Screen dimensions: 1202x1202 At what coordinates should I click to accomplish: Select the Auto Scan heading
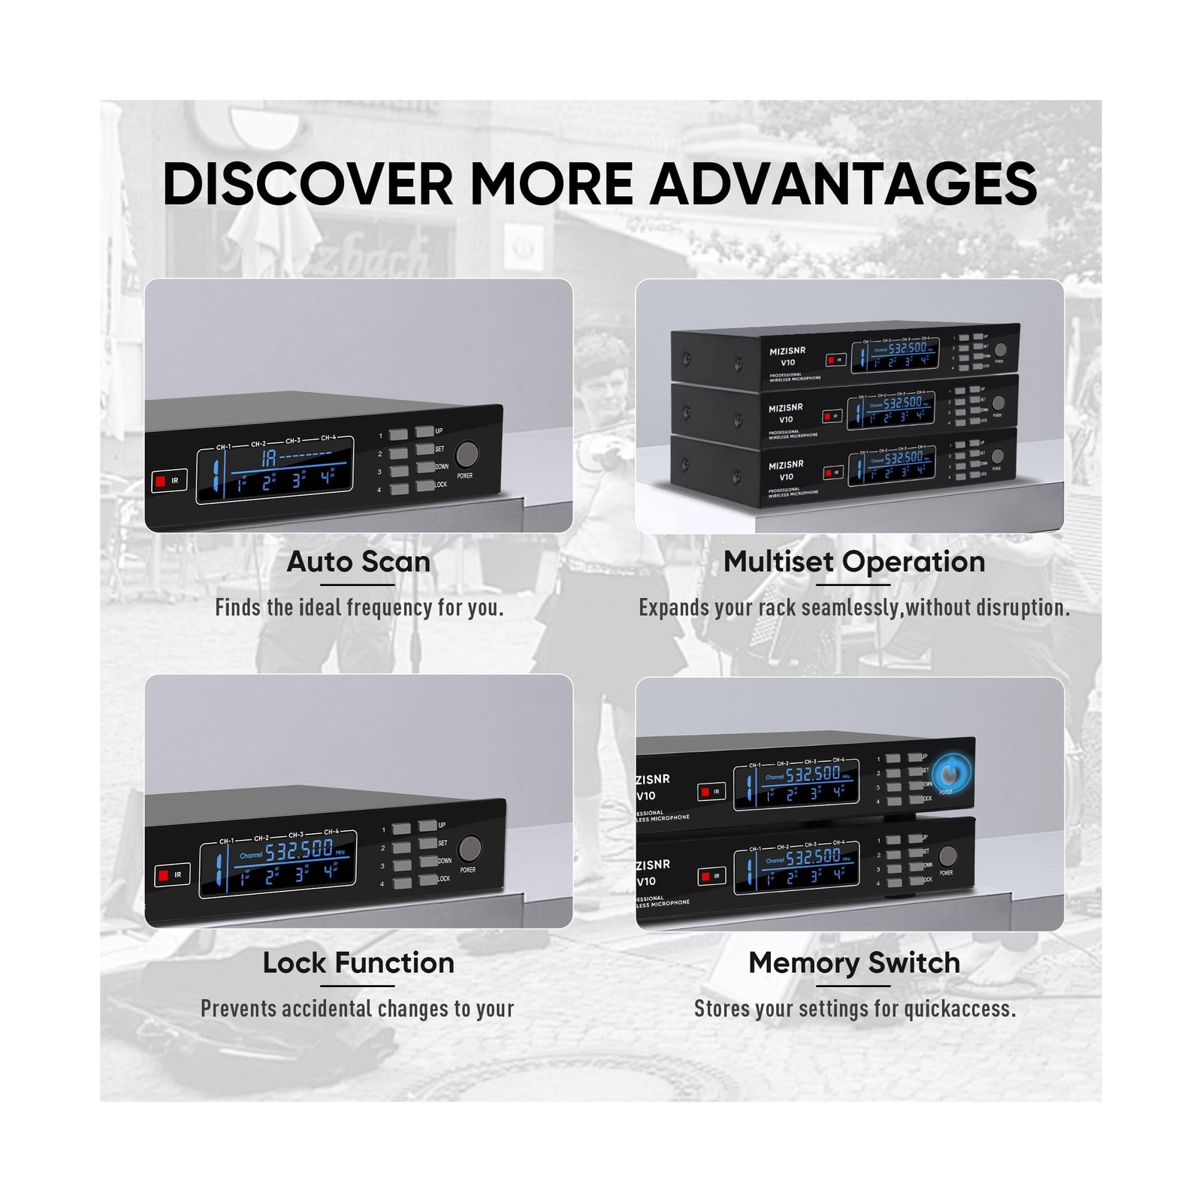click(x=358, y=562)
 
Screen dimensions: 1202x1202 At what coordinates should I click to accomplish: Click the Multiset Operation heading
click(x=853, y=562)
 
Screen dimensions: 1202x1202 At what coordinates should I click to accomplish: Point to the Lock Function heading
click(x=358, y=963)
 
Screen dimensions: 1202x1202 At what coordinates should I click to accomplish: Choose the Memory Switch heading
click(x=854, y=963)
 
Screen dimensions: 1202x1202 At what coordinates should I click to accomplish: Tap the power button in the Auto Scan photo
click(x=467, y=455)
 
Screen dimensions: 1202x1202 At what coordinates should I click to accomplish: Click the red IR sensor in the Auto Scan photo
click(x=160, y=481)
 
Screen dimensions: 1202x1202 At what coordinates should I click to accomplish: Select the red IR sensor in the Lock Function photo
click(x=163, y=874)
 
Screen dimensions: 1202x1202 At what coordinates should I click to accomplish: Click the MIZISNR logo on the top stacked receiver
click(x=787, y=351)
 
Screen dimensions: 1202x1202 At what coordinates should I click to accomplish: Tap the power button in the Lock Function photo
click(x=470, y=848)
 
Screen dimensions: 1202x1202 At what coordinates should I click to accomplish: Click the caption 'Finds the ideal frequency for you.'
click(x=359, y=608)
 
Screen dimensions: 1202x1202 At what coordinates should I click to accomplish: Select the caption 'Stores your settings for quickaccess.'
click(x=854, y=1009)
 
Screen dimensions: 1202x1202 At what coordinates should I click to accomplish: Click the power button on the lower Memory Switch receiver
click(x=947, y=856)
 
